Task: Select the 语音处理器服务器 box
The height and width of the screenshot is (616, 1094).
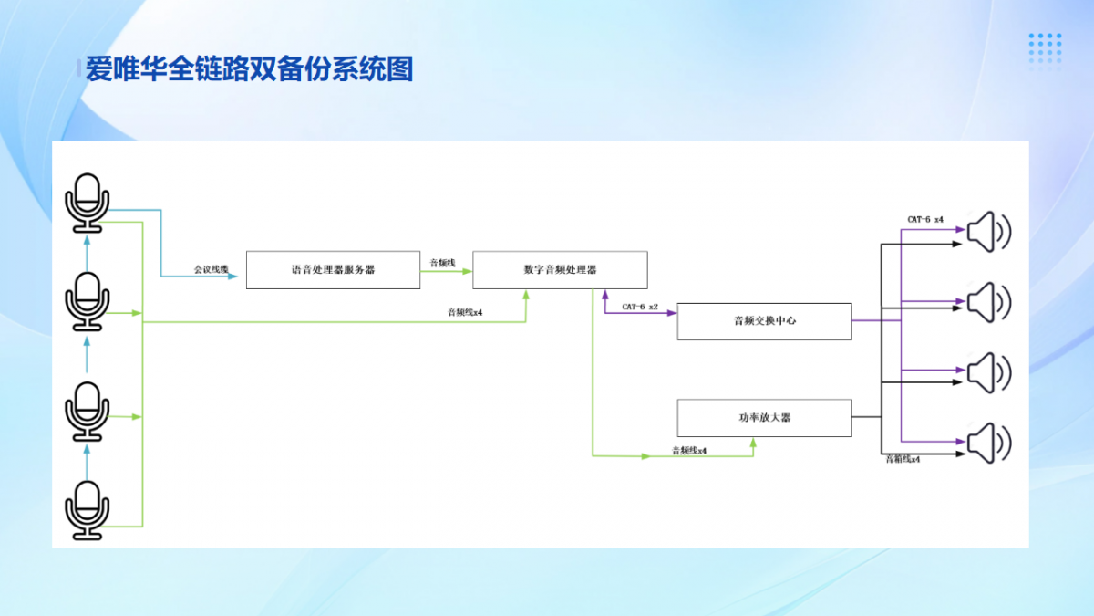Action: [x=334, y=270]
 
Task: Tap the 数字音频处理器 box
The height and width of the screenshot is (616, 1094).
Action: [x=560, y=270]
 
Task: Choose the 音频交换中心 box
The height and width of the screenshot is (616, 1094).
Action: [x=764, y=321]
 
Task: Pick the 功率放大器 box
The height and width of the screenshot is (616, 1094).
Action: [x=764, y=417]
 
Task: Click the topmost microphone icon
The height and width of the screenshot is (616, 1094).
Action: [x=88, y=203]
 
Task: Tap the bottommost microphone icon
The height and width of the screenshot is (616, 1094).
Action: [x=88, y=509]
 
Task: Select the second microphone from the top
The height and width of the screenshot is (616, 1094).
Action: [x=88, y=301]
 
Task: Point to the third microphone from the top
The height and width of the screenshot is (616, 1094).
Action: [x=88, y=411]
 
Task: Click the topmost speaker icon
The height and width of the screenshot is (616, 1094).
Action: [x=988, y=232]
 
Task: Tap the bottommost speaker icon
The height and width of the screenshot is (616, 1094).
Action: [x=988, y=444]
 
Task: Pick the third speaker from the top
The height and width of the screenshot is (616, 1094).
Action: [x=988, y=373]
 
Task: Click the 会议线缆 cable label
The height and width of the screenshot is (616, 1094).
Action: [x=211, y=269]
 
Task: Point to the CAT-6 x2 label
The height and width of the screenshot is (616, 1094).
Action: [x=640, y=307]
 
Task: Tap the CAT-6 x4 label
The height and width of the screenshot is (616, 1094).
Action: [x=925, y=219]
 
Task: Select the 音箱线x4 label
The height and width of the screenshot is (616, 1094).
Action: [x=903, y=460]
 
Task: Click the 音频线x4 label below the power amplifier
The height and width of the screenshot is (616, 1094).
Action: [x=689, y=450]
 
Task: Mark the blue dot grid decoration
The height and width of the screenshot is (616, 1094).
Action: [x=1045, y=50]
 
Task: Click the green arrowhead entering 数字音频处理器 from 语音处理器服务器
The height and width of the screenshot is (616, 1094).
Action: [x=467, y=271]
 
